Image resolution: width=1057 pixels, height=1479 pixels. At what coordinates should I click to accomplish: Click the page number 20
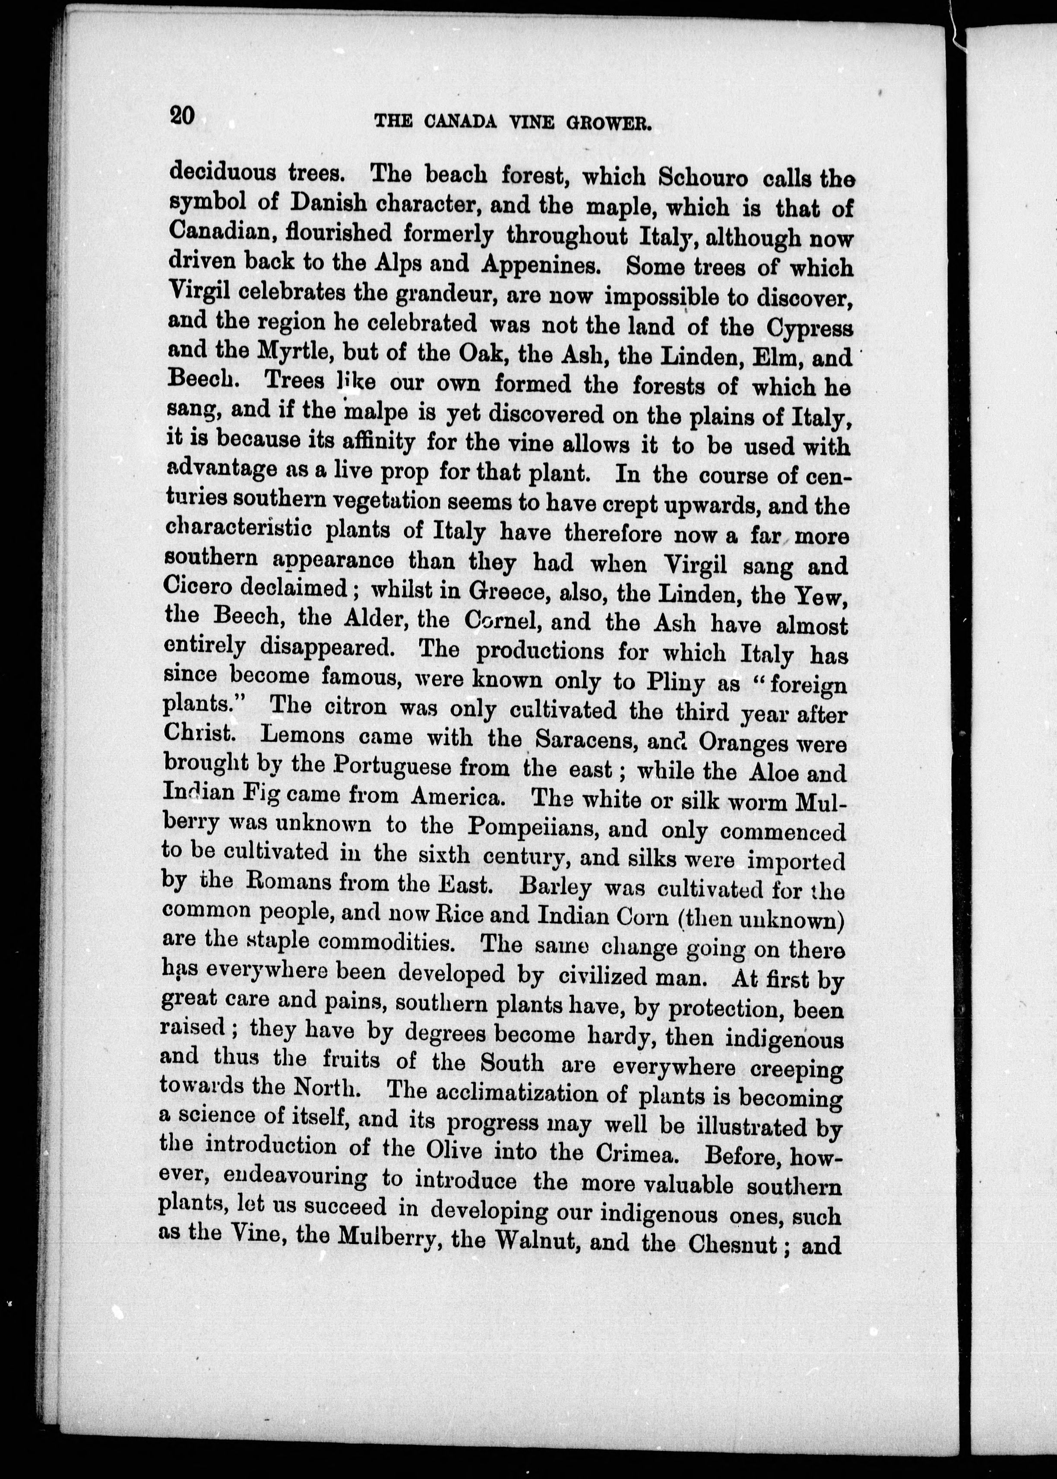[x=182, y=116]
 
